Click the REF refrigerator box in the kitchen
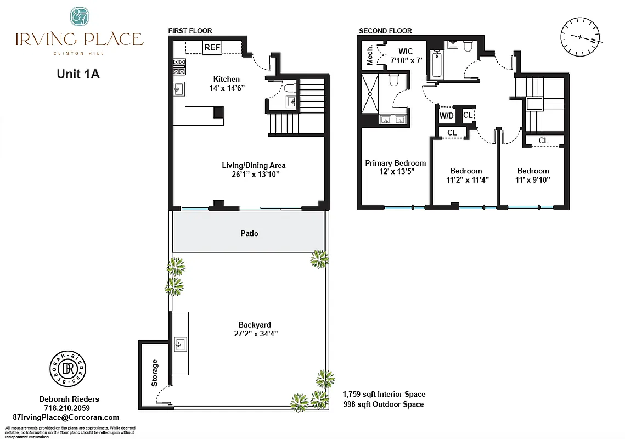click(212, 48)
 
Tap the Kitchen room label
click(226, 80)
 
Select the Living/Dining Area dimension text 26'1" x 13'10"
click(254, 175)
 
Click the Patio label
click(249, 233)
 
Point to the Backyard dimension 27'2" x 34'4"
click(254, 334)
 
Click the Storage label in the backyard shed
click(155, 373)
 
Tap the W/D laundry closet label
click(446, 116)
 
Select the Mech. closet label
click(370, 55)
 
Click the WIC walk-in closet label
click(406, 52)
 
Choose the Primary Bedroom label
click(395, 163)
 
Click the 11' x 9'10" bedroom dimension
click(532, 179)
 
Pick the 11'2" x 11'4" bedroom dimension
click(466, 179)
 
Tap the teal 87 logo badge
click(79, 16)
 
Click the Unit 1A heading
click(78, 75)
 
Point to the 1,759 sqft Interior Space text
click(384, 394)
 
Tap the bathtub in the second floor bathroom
click(437, 64)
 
